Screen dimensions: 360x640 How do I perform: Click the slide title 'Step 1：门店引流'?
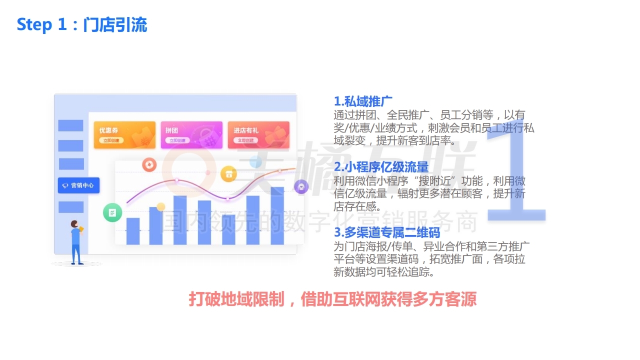pyautogui.click(x=82, y=24)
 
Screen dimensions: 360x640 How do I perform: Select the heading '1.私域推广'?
pyautogui.click(x=363, y=101)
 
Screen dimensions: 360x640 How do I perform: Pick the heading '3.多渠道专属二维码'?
pyautogui.click(x=386, y=232)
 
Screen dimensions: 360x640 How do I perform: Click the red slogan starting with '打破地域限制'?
pyautogui.click(x=332, y=299)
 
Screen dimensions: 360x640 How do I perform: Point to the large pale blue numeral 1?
pyautogui.click(x=515, y=170)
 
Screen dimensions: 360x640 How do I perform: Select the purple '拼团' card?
pyautogui.click(x=190, y=135)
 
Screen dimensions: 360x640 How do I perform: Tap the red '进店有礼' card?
pyautogui.click(x=258, y=135)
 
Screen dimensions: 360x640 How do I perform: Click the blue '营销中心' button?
pyautogui.click(x=79, y=185)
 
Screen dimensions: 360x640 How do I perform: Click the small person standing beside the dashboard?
pyautogui.click(x=76, y=242)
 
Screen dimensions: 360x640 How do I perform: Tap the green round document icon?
pyautogui.click(x=112, y=213)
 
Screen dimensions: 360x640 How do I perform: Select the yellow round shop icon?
pyautogui.click(x=228, y=174)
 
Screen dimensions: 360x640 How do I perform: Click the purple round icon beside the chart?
pyautogui.click(x=300, y=187)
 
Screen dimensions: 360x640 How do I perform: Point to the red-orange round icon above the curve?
pyautogui.click(x=149, y=164)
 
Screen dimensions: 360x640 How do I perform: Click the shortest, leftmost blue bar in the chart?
pyautogui.click(x=133, y=231)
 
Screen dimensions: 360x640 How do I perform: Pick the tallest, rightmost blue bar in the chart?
pyautogui.click(x=277, y=215)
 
